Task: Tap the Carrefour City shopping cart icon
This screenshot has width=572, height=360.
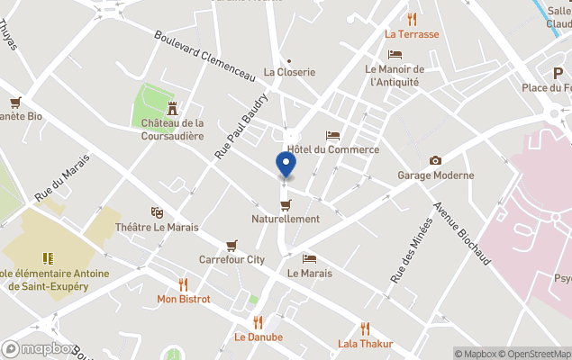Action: pyautogui.click(x=232, y=245)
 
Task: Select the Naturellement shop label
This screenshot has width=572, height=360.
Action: pyautogui.click(x=286, y=219)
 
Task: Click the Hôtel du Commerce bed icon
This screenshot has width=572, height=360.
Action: pyautogui.click(x=332, y=135)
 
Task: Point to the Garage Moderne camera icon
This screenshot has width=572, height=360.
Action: pyautogui.click(x=436, y=160)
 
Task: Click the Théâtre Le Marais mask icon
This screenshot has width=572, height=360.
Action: pyautogui.click(x=157, y=212)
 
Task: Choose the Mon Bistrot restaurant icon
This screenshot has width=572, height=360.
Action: pyautogui.click(x=184, y=283)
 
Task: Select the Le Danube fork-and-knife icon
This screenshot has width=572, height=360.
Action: pyautogui.click(x=259, y=322)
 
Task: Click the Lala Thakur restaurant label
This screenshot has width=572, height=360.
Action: pyautogui.click(x=365, y=343)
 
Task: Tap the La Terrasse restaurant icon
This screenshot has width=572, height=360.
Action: pyautogui.click(x=412, y=19)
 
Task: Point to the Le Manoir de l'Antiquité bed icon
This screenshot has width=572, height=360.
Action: pyautogui.click(x=393, y=54)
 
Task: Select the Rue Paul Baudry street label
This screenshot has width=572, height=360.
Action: pyautogui.click(x=241, y=127)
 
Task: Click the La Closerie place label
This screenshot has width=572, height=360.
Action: pyautogui.click(x=289, y=72)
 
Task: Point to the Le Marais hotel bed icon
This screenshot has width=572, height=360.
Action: pyautogui.click(x=309, y=258)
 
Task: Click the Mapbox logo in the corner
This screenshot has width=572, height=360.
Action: pyautogui.click(x=39, y=348)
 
